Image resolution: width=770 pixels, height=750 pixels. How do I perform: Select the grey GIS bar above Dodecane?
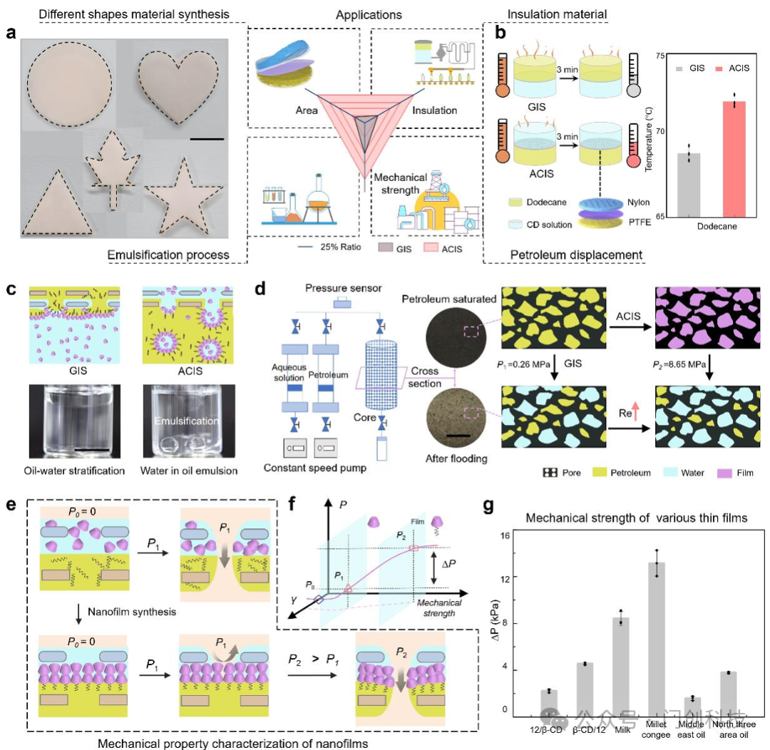coord(689,184)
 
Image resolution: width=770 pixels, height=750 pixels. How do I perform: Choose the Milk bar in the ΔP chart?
coord(620,664)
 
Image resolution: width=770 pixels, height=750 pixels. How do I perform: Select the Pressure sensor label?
coord(344,288)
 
